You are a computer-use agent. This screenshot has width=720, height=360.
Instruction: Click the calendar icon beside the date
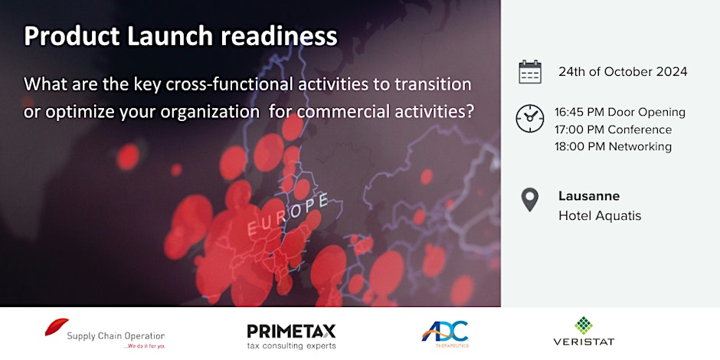click(x=530, y=72)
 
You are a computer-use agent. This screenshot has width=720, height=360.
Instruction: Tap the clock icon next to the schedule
click(x=530, y=119)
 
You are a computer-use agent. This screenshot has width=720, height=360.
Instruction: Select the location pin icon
click(x=530, y=200)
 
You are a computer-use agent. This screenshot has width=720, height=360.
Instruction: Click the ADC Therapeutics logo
click(x=445, y=333)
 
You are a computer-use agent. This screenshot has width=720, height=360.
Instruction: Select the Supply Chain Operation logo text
click(x=115, y=335)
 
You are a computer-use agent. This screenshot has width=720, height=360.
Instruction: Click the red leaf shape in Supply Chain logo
click(x=57, y=328)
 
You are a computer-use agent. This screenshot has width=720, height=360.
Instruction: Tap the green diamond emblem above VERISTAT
click(x=584, y=325)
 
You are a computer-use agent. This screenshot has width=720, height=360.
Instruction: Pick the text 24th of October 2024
click(x=623, y=72)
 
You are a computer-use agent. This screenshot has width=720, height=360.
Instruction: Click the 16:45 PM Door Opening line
click(x=620, y=113)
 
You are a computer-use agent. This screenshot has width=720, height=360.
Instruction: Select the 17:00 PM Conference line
click(x=613, y=129)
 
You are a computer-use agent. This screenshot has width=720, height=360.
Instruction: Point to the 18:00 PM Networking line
click(x=613, y=146)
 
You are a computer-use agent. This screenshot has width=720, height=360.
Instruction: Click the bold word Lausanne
click(x=589, y=196)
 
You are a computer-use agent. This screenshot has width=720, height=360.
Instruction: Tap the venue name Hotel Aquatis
click(x=600, y=216)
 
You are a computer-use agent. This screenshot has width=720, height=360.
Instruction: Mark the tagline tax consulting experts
click(x=291, y=345)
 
